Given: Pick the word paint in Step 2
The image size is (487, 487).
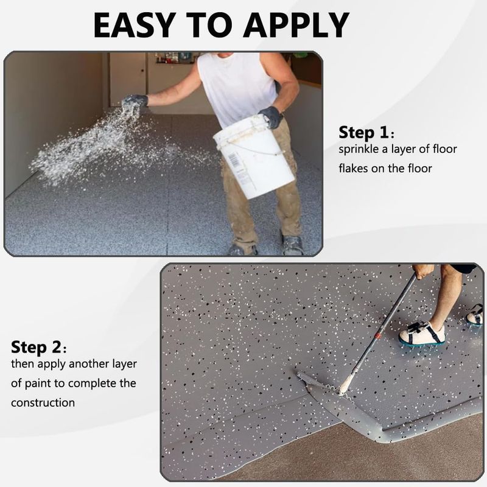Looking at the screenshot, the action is click(38, 384).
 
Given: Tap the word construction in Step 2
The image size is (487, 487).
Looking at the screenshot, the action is click(43, 403).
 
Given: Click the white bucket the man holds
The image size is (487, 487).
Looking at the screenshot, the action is click(254, 156).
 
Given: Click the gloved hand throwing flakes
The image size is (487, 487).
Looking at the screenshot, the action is click(134, 105).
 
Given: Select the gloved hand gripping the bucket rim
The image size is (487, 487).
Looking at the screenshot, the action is click(271, 117).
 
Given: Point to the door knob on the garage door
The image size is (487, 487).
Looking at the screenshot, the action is click(143, 71).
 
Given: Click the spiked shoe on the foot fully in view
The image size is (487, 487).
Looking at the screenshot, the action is click(422, 335).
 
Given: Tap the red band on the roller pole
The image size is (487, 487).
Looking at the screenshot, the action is click(377, 336).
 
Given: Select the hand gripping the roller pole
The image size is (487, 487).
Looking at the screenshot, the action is click(422, 272).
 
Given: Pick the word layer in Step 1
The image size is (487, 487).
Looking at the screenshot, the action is click(404, 150).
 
